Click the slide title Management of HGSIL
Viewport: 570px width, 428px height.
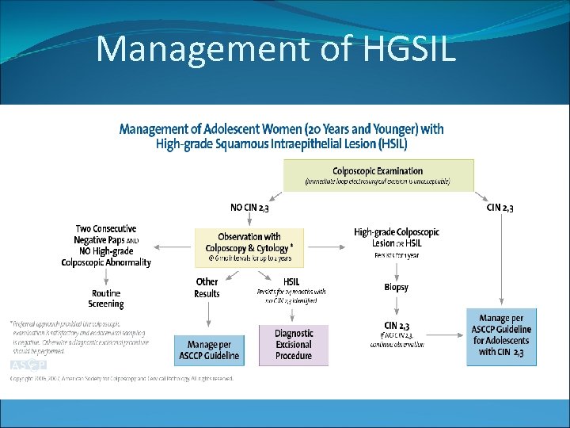click(275, 50)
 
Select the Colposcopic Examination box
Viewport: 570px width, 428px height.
click(378, 176)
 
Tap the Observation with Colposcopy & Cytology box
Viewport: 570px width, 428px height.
click(249, 246)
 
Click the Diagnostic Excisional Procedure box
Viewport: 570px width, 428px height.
click(294, 345)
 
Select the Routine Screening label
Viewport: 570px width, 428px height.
click(106, 299)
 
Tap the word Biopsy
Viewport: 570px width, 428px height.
click(396, 287)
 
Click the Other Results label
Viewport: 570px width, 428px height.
click(207, 288)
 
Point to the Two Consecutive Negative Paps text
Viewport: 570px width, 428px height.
click(106, 235)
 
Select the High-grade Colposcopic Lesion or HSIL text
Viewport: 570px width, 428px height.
click(396, 238)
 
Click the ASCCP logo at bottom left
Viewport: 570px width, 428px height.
click(28, 365)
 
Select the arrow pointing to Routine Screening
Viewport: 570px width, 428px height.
click(106, 278)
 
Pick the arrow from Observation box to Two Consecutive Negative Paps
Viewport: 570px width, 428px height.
click(173, 246)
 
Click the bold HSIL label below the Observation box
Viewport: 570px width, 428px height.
click(291, 282)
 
